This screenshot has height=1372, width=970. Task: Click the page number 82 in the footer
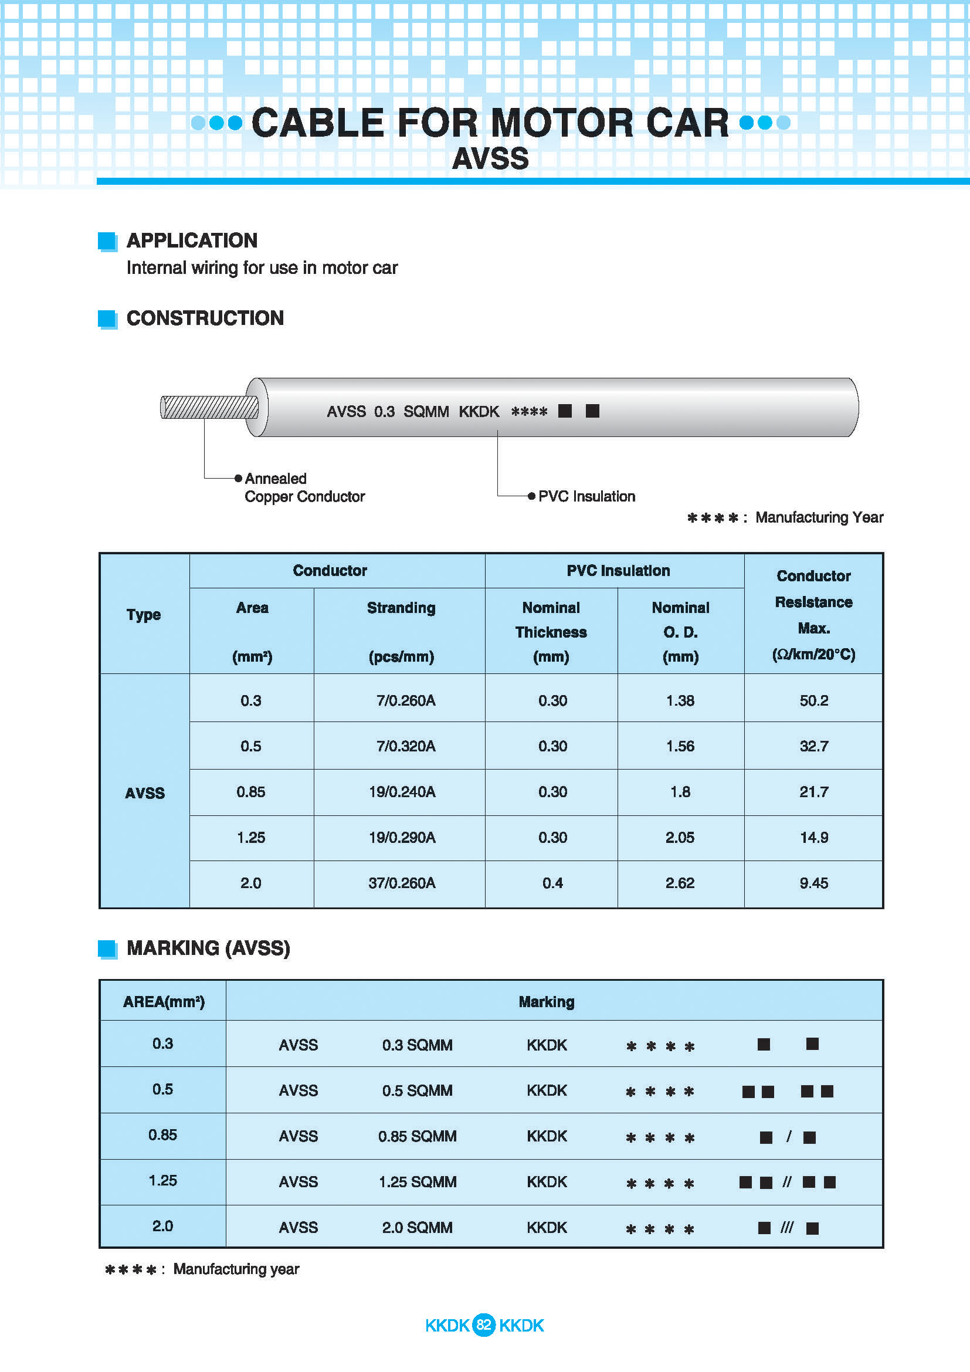click(x=483, y=1325)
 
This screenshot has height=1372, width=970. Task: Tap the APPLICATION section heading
click(x=192, y=240)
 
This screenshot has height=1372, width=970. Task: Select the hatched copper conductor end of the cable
click(x=209, y=408)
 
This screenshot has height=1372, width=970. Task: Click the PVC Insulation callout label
click(x=586, y=496)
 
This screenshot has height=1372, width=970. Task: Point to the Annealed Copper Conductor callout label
click(x=304, y=487)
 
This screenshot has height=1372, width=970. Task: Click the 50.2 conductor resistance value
click(x=813, y=700)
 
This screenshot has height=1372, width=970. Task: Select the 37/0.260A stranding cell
click(x=401, y=883)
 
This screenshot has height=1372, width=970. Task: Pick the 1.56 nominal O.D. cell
click(x=680, y=746)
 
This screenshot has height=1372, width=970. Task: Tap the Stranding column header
click(x=401, y=608)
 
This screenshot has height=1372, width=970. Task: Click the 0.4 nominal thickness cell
click(x=552, y=883)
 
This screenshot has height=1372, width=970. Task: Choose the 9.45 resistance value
click(x=813, y=883)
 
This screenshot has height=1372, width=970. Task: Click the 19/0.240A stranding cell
click(x=401, y=792)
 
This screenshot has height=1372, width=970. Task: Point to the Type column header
click(x=144, y=614)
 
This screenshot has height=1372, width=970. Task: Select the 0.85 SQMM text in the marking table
click(x=417, y=1136)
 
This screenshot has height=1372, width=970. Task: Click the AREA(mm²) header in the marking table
click(x=164, y=1001)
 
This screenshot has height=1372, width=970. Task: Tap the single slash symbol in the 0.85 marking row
click(x=788, y=1136)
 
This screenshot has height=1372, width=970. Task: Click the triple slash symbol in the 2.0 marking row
click(x=786, y=1227)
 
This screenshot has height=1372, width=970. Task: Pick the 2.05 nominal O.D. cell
click(x=680, y=837)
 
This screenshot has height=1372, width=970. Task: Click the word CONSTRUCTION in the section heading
click(x=205, y=318)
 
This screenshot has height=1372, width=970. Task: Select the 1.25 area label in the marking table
click(x=162, y=1180)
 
